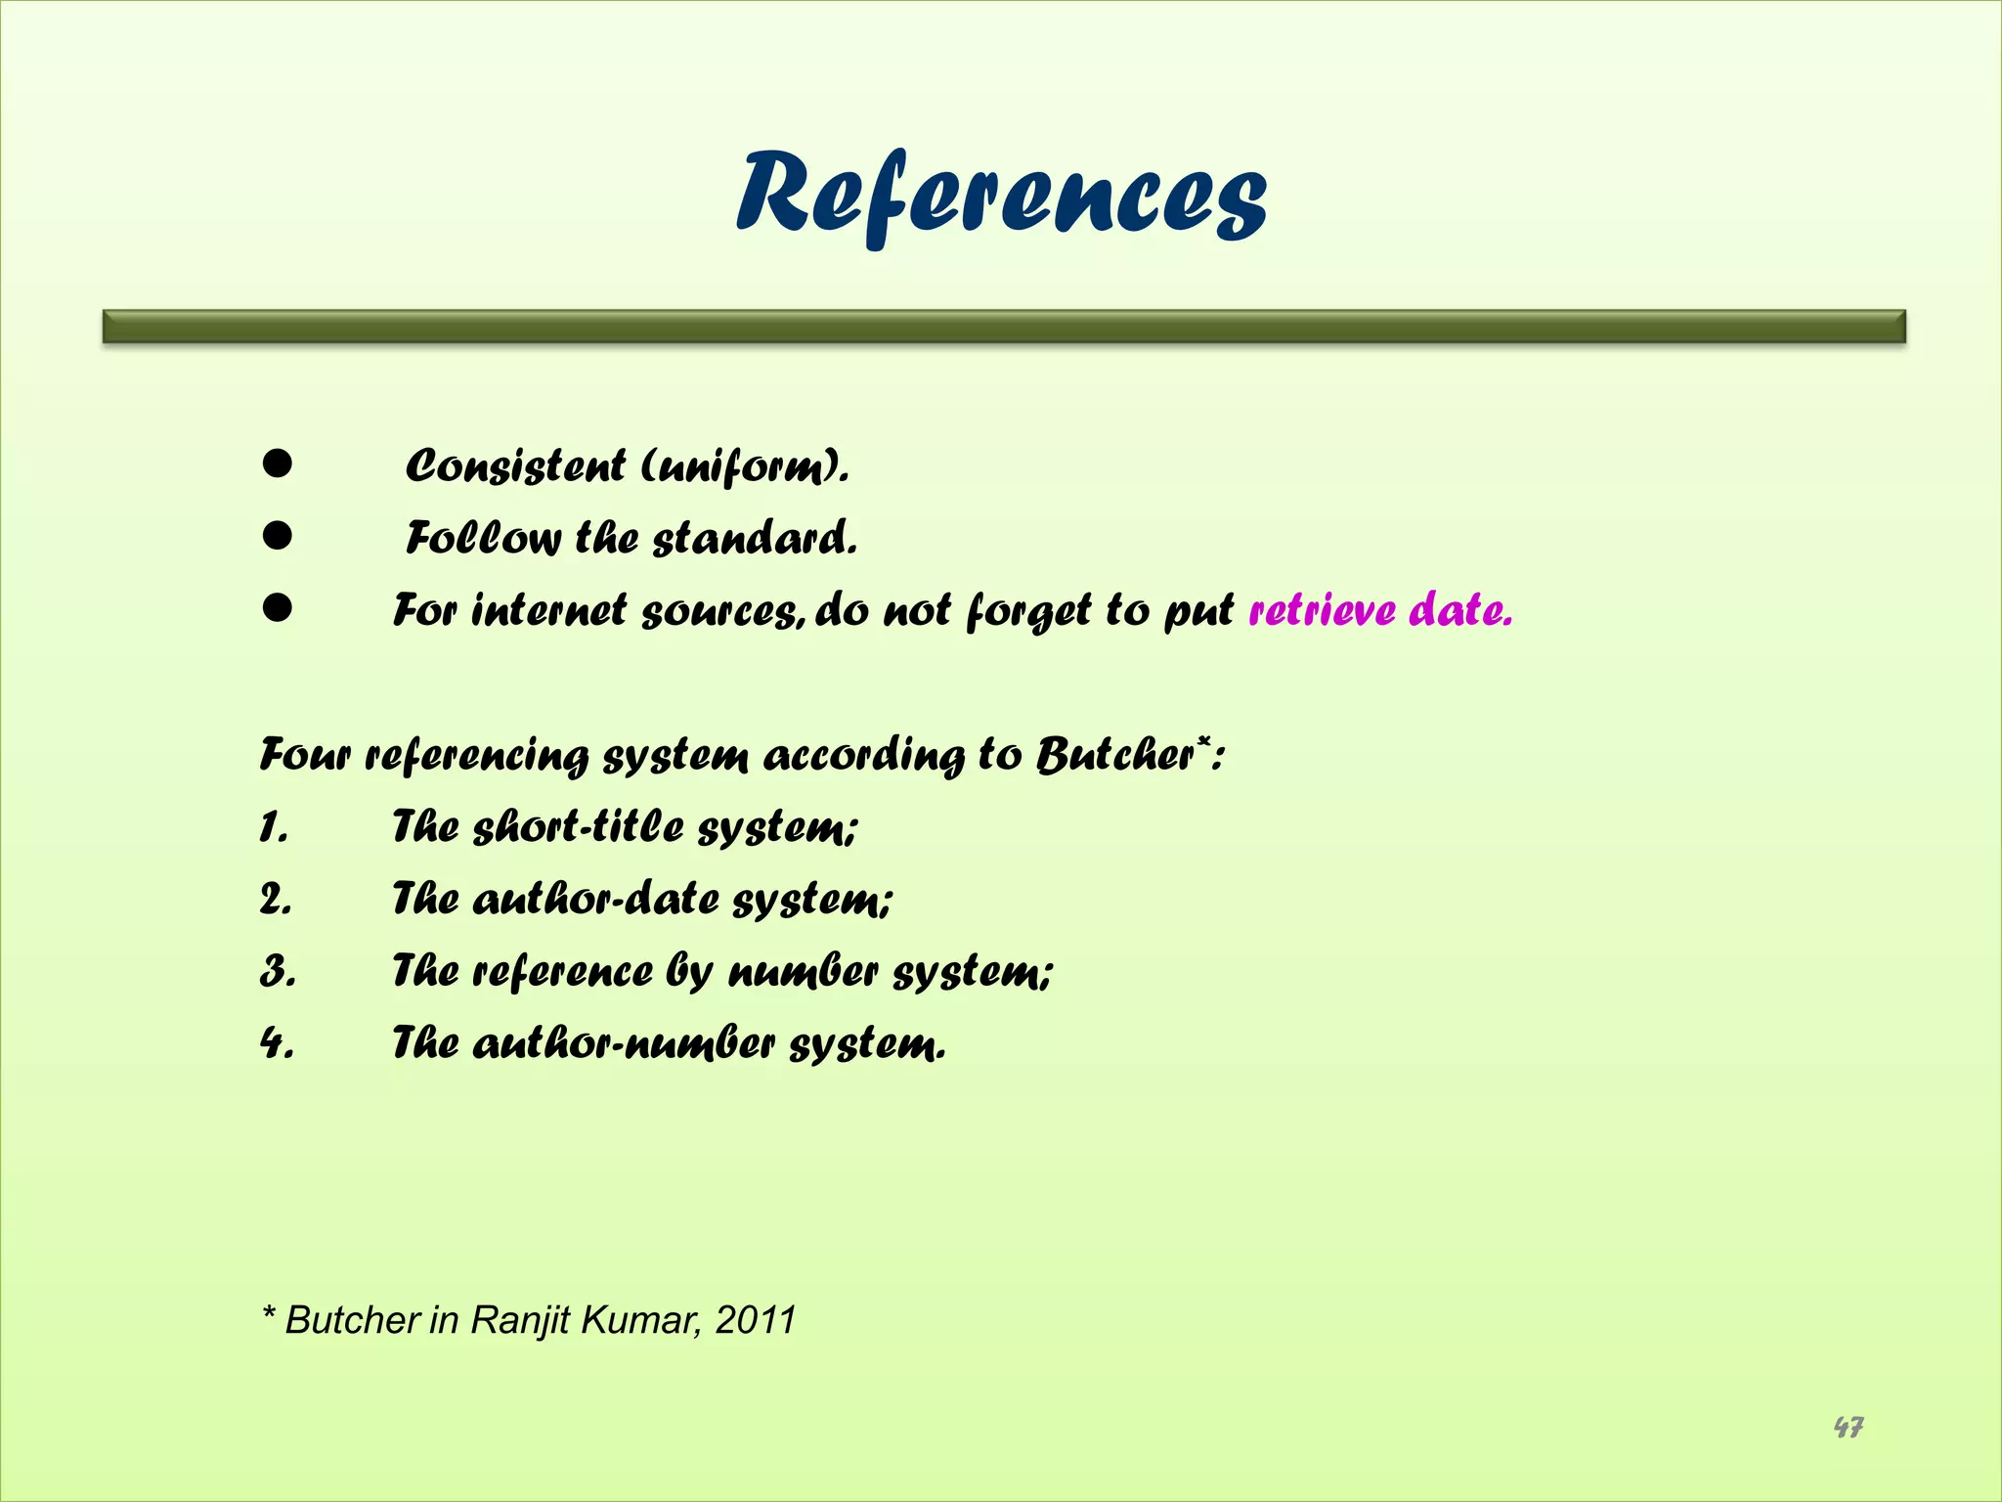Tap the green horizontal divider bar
coord(1004,327)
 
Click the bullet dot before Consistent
coord(278,464)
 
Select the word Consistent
coord(515,465)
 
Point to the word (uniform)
coord(745,466)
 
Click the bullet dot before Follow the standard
coord(278,536)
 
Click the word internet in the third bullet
coord(548,610)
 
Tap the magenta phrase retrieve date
coord(1380,610)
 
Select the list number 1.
coord(274,828)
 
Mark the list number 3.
coord(278,972)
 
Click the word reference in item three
coord(563,972)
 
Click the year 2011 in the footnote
coord(756,1320)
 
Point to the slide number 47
coord(1848,1428)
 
